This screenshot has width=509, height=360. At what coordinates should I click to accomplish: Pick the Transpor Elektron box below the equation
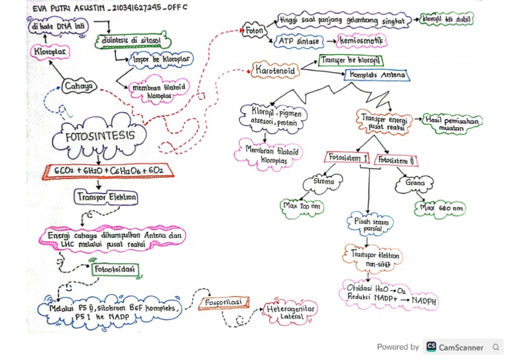click(x=107, y=197)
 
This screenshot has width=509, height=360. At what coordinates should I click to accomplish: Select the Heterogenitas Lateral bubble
click(x=290, y=312)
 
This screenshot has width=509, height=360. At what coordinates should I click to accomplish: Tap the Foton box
click(x=254, y=30)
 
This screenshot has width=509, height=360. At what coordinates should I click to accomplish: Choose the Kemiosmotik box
click(x=362, y=41)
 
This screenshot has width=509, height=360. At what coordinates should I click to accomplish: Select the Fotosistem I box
click(x=347, y=158)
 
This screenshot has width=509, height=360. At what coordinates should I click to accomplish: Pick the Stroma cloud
click(x=321, y=182)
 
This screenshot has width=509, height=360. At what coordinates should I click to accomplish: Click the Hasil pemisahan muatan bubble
click(x=453, y=124)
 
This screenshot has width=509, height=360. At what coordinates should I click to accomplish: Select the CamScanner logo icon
click(x=431, y=347)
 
